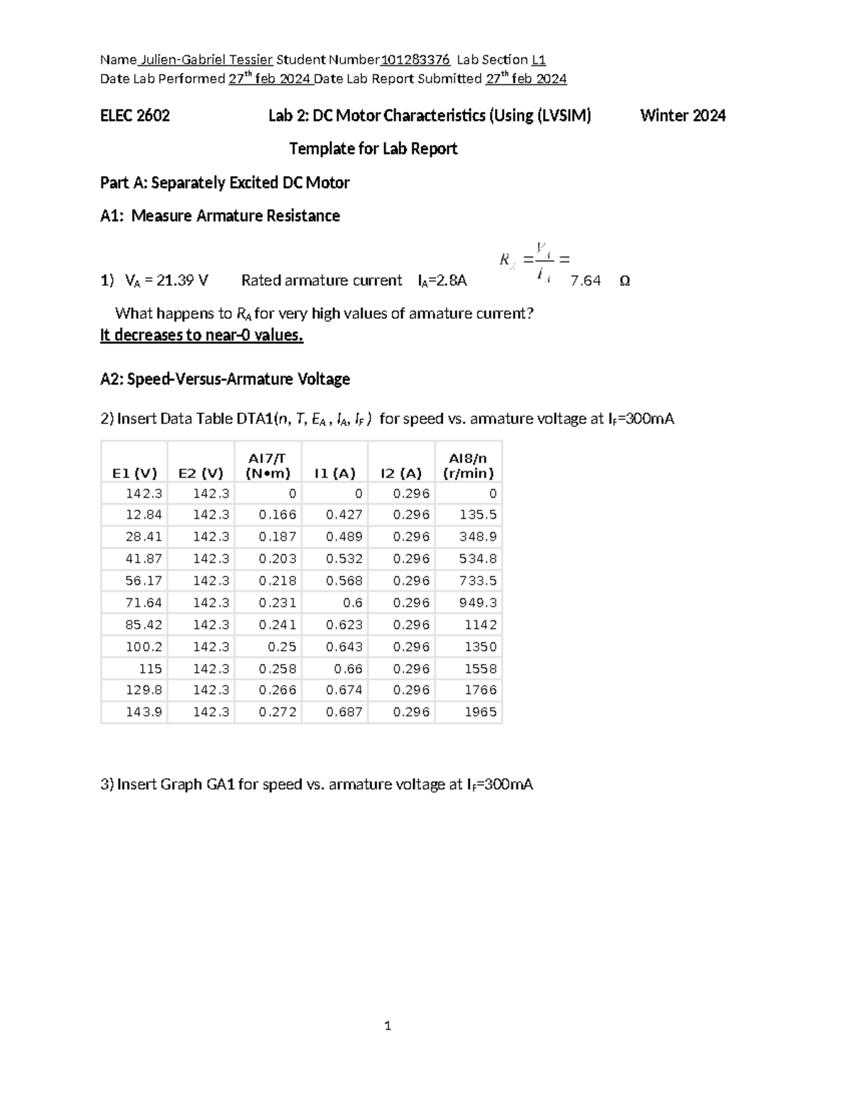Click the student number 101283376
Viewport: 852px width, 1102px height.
click(415, 60)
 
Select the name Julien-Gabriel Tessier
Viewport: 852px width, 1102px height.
click(207, 60)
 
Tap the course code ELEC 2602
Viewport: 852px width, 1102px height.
click(135, 116)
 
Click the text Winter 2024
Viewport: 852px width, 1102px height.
click(682, 116)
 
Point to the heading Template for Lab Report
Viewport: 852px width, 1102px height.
click(373, 149)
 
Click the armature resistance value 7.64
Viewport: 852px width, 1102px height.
click(586, 281)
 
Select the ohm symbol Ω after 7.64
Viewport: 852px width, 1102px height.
click(624, 281)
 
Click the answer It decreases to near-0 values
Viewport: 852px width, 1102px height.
click(202, 336)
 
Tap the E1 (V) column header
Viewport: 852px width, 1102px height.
click(134, 473)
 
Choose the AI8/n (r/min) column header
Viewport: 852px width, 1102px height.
click(469, 466)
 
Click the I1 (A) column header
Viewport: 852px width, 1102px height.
click(335, 473)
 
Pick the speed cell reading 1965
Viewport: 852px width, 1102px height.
click(481, 712)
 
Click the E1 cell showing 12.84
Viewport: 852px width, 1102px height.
click(144, 514)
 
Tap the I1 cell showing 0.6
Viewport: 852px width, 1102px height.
click(353, 602)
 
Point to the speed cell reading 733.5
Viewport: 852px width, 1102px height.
click(478, 580)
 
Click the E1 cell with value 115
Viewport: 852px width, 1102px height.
click(151, 668)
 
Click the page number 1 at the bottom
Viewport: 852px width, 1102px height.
click(388, 1025)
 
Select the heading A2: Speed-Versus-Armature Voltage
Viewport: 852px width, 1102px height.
click(225, 380)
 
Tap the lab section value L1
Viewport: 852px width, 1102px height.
click(539, 60)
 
